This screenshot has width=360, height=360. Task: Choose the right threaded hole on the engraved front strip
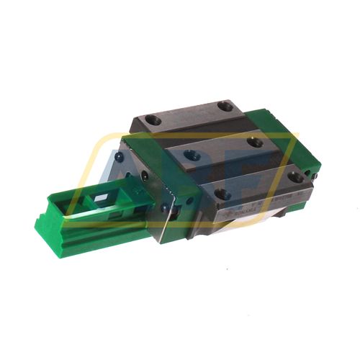pyautogui.click(x=294, y=174)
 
